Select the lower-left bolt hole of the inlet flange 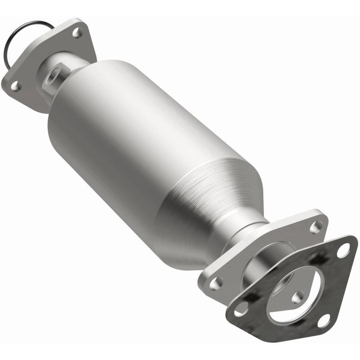(15, 85)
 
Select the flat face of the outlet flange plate (234, 270)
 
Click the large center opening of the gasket (288, 288)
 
